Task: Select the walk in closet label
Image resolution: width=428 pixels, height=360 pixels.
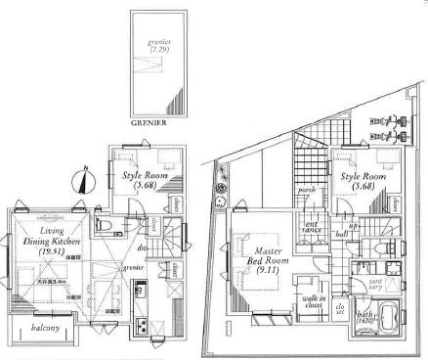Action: [x=314, y=300]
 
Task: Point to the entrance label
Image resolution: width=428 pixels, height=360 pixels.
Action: [x=312, y=230]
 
